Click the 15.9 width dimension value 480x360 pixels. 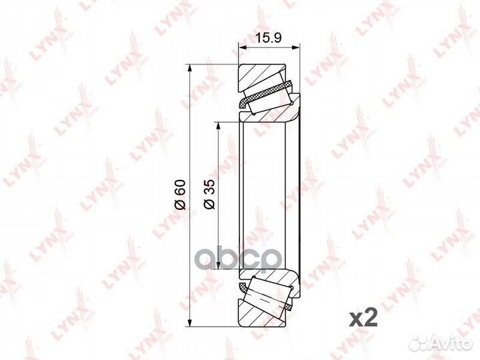(x=268, y=38)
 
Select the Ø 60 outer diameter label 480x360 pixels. (x=180, y=195)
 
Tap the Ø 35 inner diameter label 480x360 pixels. (x=209, y=195)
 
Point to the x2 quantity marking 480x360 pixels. (x=363, y=319)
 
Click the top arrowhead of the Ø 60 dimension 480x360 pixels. (x=190, y=68)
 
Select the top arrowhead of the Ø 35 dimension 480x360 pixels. (x=218, y=126)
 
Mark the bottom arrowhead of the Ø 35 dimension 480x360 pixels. (x=218, y=265)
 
